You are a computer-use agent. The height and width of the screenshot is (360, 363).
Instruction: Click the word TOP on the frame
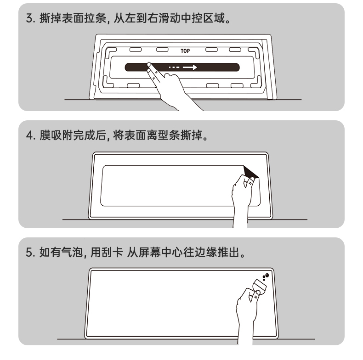(x=185, y=51)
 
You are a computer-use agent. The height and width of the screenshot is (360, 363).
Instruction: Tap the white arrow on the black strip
(x=190, y=67)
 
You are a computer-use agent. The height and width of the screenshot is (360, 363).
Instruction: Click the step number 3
(x=30, y=18)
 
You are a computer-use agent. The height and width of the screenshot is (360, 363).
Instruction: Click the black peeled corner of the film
(x=250, y=172)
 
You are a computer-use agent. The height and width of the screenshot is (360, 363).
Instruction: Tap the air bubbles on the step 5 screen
(x=266, y=276)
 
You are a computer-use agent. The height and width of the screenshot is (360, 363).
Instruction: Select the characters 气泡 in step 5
(x=72, y=252)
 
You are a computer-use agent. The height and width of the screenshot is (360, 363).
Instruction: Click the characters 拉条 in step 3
(x=95, y=18)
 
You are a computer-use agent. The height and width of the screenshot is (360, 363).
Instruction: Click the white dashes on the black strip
(x=174, y=67)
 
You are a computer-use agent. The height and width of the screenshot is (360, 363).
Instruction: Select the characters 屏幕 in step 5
(x=149, y=252)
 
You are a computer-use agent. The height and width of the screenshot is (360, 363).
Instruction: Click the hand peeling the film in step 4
(x=242, y=199)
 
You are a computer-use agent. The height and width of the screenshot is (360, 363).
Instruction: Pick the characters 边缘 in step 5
(x=205, y=252)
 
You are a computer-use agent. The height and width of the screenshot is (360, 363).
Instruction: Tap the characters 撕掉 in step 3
(x=50, y=18)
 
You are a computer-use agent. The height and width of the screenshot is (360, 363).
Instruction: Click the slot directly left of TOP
(x=162, y=50)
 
